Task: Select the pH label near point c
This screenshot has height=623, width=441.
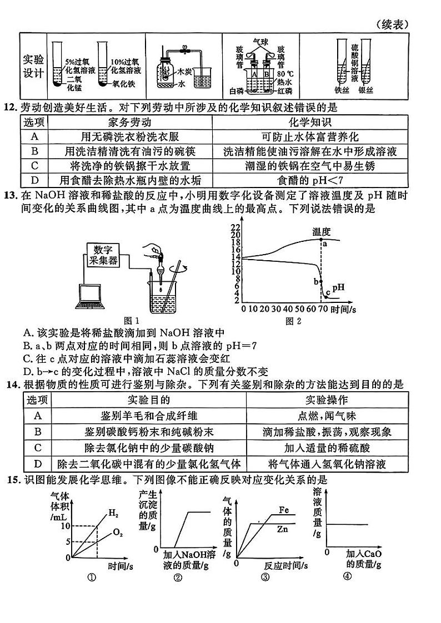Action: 338,287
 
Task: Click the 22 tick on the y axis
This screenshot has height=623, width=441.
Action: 234,227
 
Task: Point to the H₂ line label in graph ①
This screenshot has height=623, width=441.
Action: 113,513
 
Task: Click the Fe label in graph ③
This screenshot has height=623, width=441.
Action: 284,509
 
